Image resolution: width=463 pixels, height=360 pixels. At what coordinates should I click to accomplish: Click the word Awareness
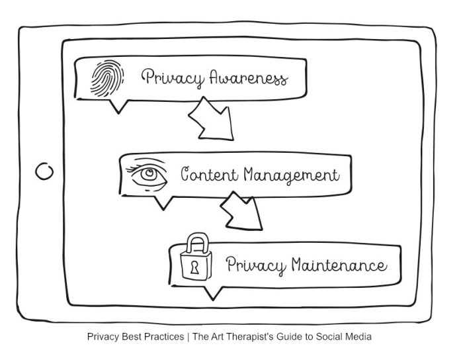tap(249, 79)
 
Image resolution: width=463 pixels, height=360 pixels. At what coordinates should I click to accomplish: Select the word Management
tap(290, 176)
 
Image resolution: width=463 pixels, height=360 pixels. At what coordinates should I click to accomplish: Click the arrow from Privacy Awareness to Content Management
tap(210, 120)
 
